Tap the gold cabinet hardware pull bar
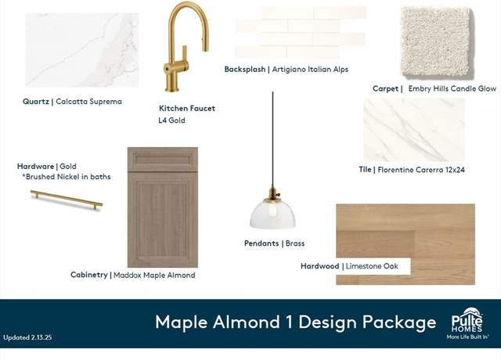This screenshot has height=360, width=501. point(67,200)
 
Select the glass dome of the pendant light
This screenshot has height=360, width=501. point(272,214)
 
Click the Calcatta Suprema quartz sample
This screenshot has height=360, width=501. point(82,50)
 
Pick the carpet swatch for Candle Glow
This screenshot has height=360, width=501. point(437,42)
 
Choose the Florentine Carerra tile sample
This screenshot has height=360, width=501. point(414,130)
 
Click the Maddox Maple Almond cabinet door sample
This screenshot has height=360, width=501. point(163,207)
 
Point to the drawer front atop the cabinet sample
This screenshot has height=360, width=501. point(163,160)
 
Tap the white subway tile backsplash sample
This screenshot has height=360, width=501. point(301,32)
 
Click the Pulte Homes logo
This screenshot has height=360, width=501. point(467,323)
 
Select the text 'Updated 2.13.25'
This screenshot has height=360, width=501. point(27,337)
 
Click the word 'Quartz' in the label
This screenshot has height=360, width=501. point(36,102)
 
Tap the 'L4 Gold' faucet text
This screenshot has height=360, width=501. point(172,121)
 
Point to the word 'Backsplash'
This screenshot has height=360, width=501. point(245,70)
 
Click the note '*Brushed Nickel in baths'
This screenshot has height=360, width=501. point(66,177)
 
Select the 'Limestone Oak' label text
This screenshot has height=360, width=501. point(372,266)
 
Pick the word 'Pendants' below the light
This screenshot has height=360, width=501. point(261,243)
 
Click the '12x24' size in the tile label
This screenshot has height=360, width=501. point(454,170)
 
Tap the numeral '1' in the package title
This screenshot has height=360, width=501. point(289,322)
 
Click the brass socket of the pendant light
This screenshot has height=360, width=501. point(272,193)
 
